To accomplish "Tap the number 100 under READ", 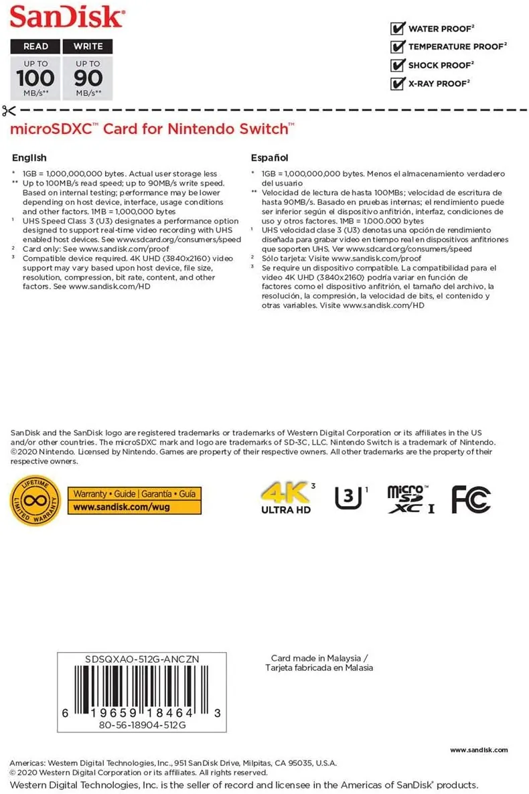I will (x=35, y=77).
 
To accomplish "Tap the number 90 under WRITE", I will (x=88, y=77).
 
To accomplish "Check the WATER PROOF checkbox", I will (x=398, y=28).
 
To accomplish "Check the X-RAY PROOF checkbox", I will (x=398, y=84).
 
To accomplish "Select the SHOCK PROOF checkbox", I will (x=398, y=66).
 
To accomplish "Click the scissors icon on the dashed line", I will (x=8, y=110).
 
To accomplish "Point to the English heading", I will (x=29, y=158).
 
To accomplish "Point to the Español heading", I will (x=269, y=158).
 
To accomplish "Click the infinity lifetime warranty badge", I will (x=36, y=500).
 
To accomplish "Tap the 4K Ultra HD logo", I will (x=287, y=499).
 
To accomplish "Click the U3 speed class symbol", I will (x=346, y=498).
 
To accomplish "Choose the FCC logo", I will (x=471, y=499).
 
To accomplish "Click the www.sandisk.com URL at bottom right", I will (x=478, y=750).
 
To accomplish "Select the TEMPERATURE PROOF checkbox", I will (x=398, y=47).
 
